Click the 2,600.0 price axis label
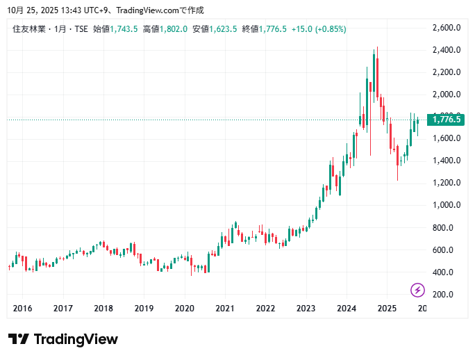[447, 28]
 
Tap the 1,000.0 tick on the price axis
[447, 206]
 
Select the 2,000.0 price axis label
[447, 95]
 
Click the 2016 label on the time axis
[23, 309]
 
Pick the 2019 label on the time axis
[144, 309]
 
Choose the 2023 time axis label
[306, 309]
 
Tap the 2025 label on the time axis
[387, 309]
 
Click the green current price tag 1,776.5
[447, 120]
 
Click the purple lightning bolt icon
[417, 290]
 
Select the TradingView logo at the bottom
[63, 339]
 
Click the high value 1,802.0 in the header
[175, 29]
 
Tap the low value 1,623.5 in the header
[224, 29]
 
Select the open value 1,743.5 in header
[125, 29]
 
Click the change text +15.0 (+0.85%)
[319, 29]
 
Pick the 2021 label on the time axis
[224, 309]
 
